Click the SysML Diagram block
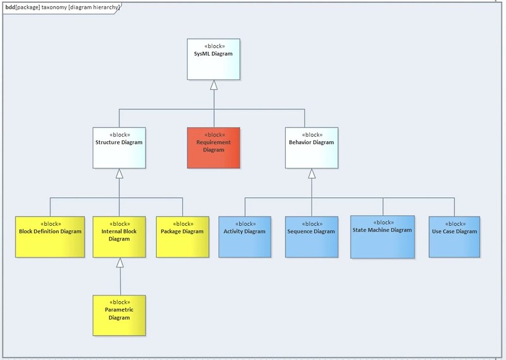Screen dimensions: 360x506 click(x=213, y=59)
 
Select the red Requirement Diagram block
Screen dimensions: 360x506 click(x=213, y=147)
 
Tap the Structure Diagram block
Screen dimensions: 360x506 click(x=119, y=147)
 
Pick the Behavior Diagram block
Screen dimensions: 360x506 click(x=311, y=147)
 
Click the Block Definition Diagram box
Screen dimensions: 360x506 click(x=50, y=237)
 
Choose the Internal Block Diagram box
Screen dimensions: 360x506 click(x=119, y=237)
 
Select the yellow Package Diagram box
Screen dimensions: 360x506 click(x=183, y=237)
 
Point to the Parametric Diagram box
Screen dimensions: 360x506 click(x=119, y=315)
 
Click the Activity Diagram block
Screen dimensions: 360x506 click(x=245, y=237)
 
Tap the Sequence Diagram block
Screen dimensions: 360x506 click(x=311, y=237)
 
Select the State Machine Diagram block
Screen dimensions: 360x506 click(x=383, y=237)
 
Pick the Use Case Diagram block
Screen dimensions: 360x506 click(x=454, y=237)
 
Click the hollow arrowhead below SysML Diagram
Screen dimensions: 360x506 click(x=214, y=85)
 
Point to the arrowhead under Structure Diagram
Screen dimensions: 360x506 click(x=119, y=173)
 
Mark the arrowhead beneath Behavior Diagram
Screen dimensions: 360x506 click(x=311, y=173)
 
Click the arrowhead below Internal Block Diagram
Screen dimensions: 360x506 click(x=119, y=263)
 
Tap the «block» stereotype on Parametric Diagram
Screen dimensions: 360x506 click(x=120, y=302)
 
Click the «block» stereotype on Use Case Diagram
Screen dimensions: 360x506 click(x=454, y=223)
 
